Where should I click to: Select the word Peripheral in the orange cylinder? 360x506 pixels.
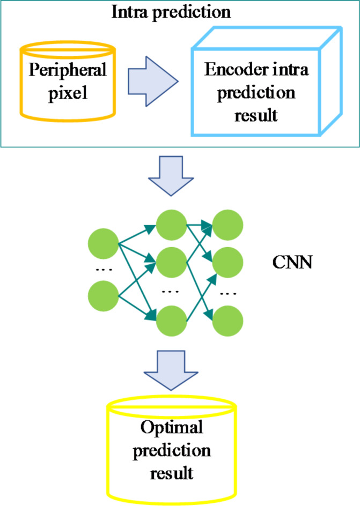coord(68,70)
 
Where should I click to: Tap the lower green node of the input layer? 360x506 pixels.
coord(103,295)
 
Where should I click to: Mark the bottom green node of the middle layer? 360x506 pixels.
coord(171,320)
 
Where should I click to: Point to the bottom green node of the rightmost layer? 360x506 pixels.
coord(227,320)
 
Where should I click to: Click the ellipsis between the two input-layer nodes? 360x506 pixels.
coord(103,270)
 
